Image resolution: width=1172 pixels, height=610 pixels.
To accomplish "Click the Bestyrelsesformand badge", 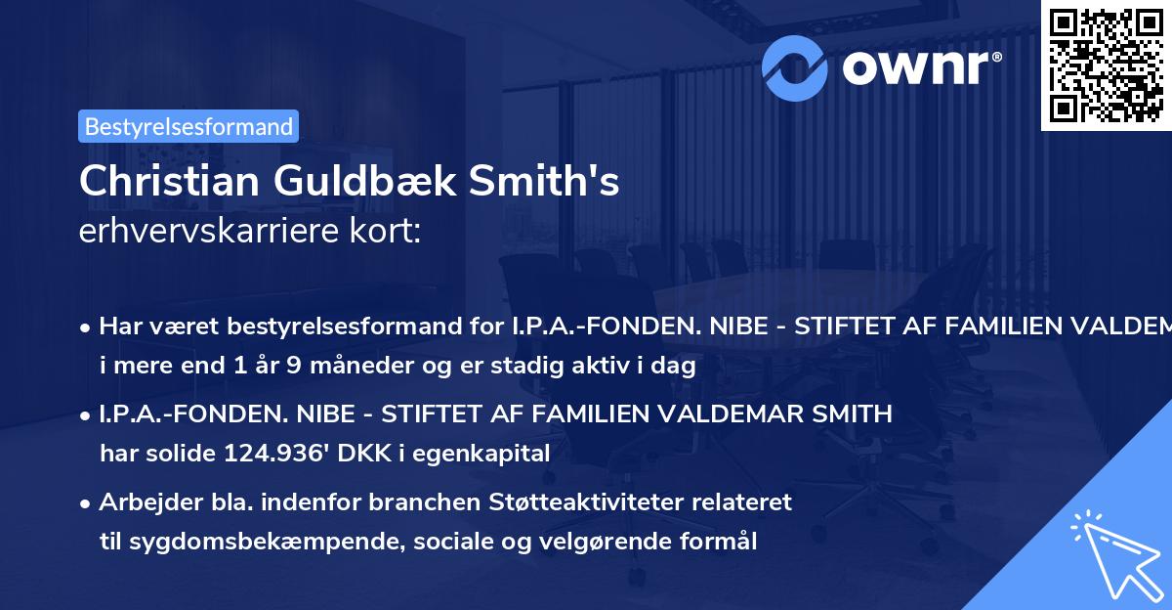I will point(188,126).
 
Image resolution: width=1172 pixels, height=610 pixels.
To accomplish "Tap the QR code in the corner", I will point(1106,65).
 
